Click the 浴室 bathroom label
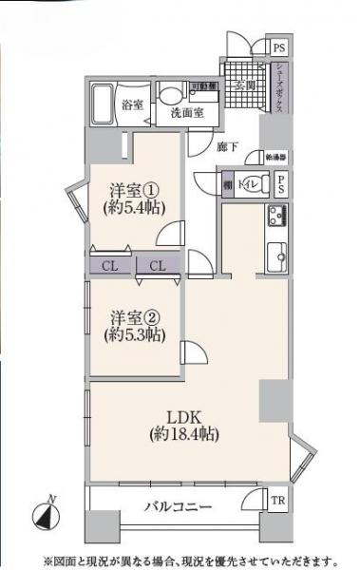point(133,104)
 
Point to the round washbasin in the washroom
point(170,94)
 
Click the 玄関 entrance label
point(244,86)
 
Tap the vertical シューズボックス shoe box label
point(280,88)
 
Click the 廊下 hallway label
point(227,146)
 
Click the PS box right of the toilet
point(281,185)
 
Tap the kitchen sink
point(278,256)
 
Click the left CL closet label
point(111,267)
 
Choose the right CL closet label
point(159,267)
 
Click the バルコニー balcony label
point(179,507)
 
